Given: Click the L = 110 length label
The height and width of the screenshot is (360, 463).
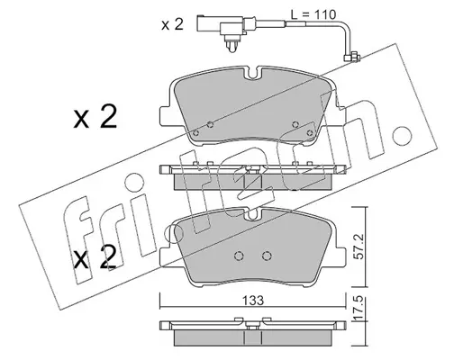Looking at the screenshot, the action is [x=313, y=14].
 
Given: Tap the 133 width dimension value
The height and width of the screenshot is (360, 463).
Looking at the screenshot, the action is [x=253, y=301].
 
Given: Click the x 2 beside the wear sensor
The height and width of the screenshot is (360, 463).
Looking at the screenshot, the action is [x=172, y=24].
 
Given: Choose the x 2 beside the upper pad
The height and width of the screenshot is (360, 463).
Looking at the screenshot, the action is [x=95, y=118].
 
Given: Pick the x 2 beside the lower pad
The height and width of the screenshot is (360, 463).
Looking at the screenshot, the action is [x=95, y=257].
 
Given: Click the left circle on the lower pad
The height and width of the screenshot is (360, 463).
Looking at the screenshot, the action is [x=239, y=256].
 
